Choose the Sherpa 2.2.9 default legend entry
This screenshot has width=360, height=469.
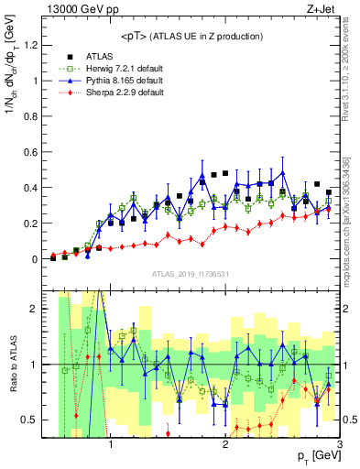tap(125, 93)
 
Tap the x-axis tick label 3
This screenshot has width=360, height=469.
tap(339, 446)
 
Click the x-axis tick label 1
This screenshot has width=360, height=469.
tap(111, 446)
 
